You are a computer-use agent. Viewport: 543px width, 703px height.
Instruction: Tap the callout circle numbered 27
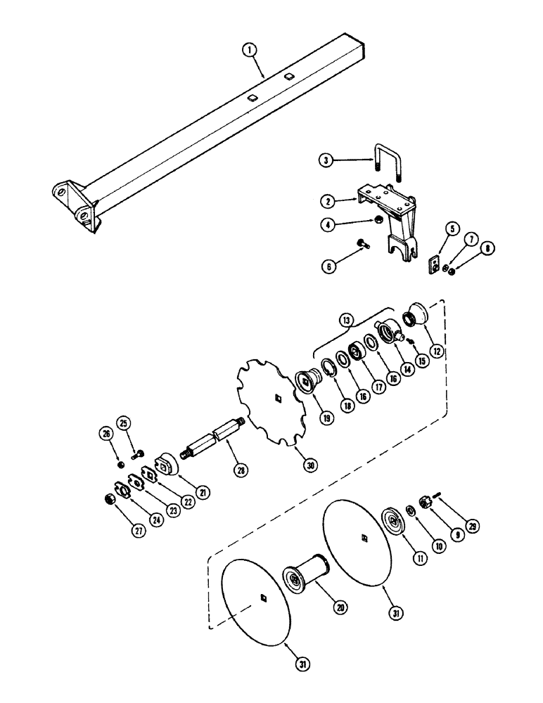click(138, 531)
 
